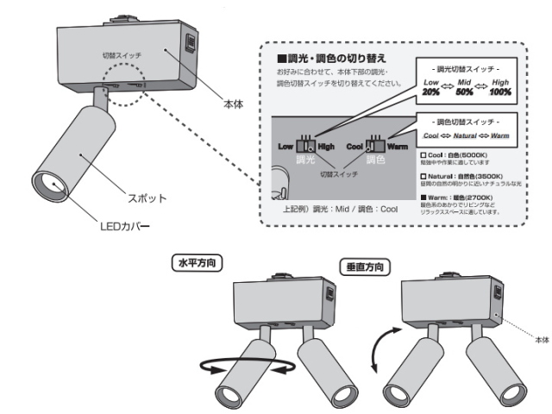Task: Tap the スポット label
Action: [x=148, y=198]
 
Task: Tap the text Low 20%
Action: [x=431, y=85]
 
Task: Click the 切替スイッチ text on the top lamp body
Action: [x=122, y=54]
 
